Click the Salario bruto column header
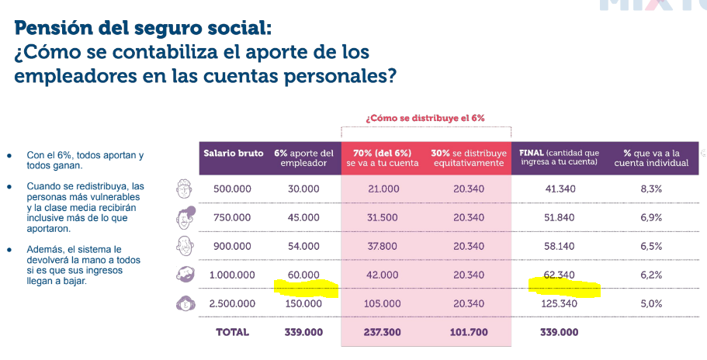pyautogui.click(x=234, y=153)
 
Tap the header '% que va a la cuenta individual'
pyautogui.click(x=650, y=157)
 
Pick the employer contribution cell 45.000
pyautogui.click(x=303, y=217)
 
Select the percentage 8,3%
pyautogui.click(x=650, y=189)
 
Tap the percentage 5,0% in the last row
pyautogui.click(x=650, y=303)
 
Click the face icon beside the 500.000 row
pyautogui.click(x=185, y=189)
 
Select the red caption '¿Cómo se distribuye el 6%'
pyautogui.click(x=425, y=118)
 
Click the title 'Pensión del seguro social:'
pyautogui.click(x=143, y=29)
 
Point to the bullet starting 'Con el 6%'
pyautogui.click(x=85, y=161)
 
